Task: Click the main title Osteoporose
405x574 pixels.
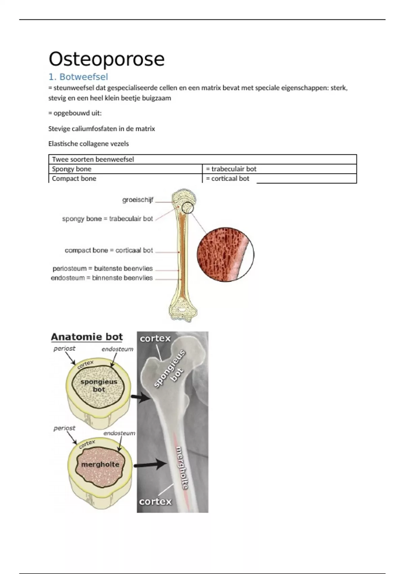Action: pos(107,59)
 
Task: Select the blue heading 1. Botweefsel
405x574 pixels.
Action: pos(78,77)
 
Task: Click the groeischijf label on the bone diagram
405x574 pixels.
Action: pos(138,200)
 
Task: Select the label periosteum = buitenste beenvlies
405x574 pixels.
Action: pos(103,269)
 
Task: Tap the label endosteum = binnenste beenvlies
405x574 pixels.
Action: pos(102,278)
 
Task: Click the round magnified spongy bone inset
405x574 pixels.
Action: pos(225,254)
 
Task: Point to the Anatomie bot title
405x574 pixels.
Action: pos(87,337)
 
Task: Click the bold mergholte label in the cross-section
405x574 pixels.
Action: pos(100,465)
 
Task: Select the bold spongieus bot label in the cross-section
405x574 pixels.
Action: pos(99,386)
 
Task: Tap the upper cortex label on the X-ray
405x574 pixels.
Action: pos(155,338)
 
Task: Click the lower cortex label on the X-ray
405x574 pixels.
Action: pos(155,501)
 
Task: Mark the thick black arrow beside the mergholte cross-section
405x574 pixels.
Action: pos(151,465)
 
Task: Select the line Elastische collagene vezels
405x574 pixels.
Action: pos(88,144)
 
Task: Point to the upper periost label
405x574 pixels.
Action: pos(64,348)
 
